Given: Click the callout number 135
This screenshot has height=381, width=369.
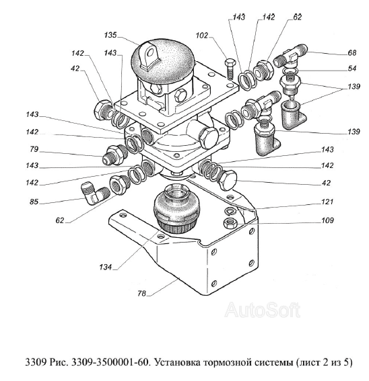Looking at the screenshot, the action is [110, 35].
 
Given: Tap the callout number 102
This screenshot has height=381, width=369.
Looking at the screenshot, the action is [202, 36].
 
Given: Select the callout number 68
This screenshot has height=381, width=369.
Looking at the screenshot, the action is [351, 52].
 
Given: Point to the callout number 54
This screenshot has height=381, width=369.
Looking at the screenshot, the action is [351, 69].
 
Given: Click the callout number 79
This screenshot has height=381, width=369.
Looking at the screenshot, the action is [34, 149].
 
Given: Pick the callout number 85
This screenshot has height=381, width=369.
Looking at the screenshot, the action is [34, 202].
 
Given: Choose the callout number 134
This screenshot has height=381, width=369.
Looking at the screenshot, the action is [106, 267].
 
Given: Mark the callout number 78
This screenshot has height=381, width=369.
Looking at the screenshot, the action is [141, 294].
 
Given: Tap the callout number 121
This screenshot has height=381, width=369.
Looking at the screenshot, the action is [327, 202].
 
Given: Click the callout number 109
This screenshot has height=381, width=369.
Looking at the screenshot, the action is [327, 220].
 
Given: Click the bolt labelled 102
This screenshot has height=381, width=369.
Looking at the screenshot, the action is [230, 69].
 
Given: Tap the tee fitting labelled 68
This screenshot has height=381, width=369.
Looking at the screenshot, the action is [290, 56].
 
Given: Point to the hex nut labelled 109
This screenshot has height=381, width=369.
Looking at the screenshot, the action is [229, 222].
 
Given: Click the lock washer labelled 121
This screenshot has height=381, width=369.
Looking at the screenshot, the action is [230, 212].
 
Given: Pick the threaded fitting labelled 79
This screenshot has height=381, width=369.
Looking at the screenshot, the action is [114, 155].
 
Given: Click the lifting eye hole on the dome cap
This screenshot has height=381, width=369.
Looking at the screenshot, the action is [152, 52].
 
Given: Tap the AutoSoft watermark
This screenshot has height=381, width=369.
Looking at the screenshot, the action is [262, 310].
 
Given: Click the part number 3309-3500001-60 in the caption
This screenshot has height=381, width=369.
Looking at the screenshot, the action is [110, 363].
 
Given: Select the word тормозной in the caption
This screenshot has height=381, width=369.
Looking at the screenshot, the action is [228, 363].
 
